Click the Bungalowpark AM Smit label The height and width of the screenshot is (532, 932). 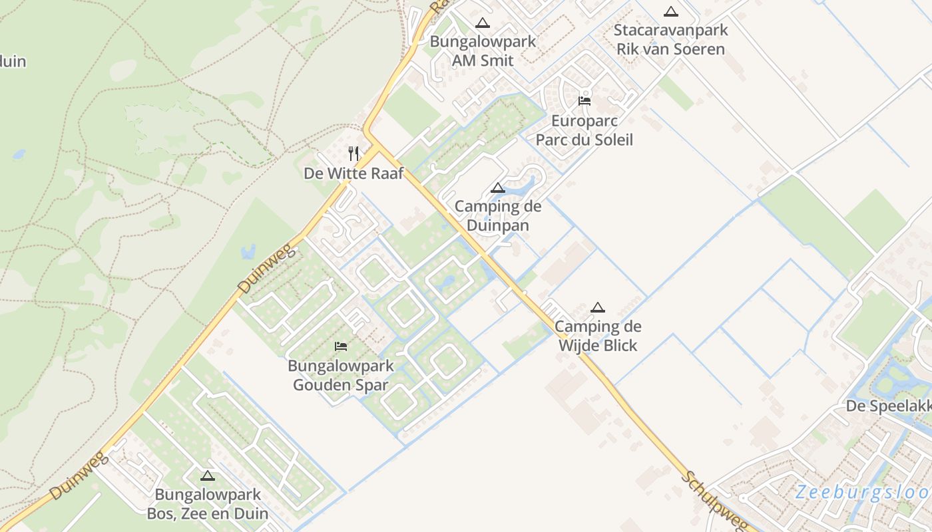click(x=483, y=51)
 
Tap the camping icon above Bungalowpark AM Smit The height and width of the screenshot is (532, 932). click(x=483, y=23)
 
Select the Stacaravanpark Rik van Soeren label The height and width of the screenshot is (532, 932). click(x=670, y=39)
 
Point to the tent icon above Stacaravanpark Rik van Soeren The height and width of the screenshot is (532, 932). click(x=671, y=11)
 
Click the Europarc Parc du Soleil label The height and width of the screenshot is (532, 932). click(x=584, y=130)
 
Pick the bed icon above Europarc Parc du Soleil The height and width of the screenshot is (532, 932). click(x=584, y=101)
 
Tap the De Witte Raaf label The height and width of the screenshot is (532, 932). click(x=353, y=173)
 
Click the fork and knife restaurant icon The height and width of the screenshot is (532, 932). click(x=353, y=154)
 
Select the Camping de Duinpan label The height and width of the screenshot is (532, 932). click(x=498, y=215)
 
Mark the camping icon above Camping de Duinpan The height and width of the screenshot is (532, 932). click(x=498, y=188)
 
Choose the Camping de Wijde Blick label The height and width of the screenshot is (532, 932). click(x=598, y=335)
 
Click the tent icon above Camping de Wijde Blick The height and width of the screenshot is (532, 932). click(x=598, y=307)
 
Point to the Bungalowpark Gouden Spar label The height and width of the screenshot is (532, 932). click(x=341, y=375)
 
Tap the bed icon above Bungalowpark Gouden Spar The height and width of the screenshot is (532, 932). click(x=341, y=346)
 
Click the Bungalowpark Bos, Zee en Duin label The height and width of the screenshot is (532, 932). click(x=208, y=504)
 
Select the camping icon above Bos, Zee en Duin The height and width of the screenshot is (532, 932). click(x=208, y=476)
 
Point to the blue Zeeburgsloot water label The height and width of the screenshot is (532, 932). click(x=863, y=493)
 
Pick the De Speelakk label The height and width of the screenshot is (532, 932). click(x=888, y=406)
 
